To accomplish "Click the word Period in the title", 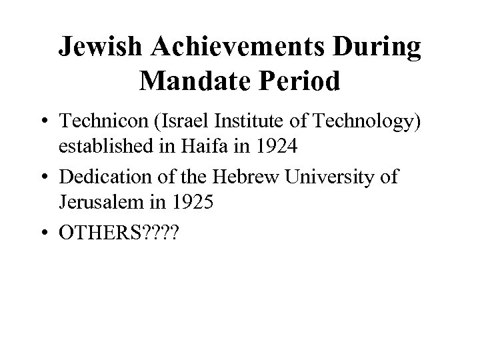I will [300, 81].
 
